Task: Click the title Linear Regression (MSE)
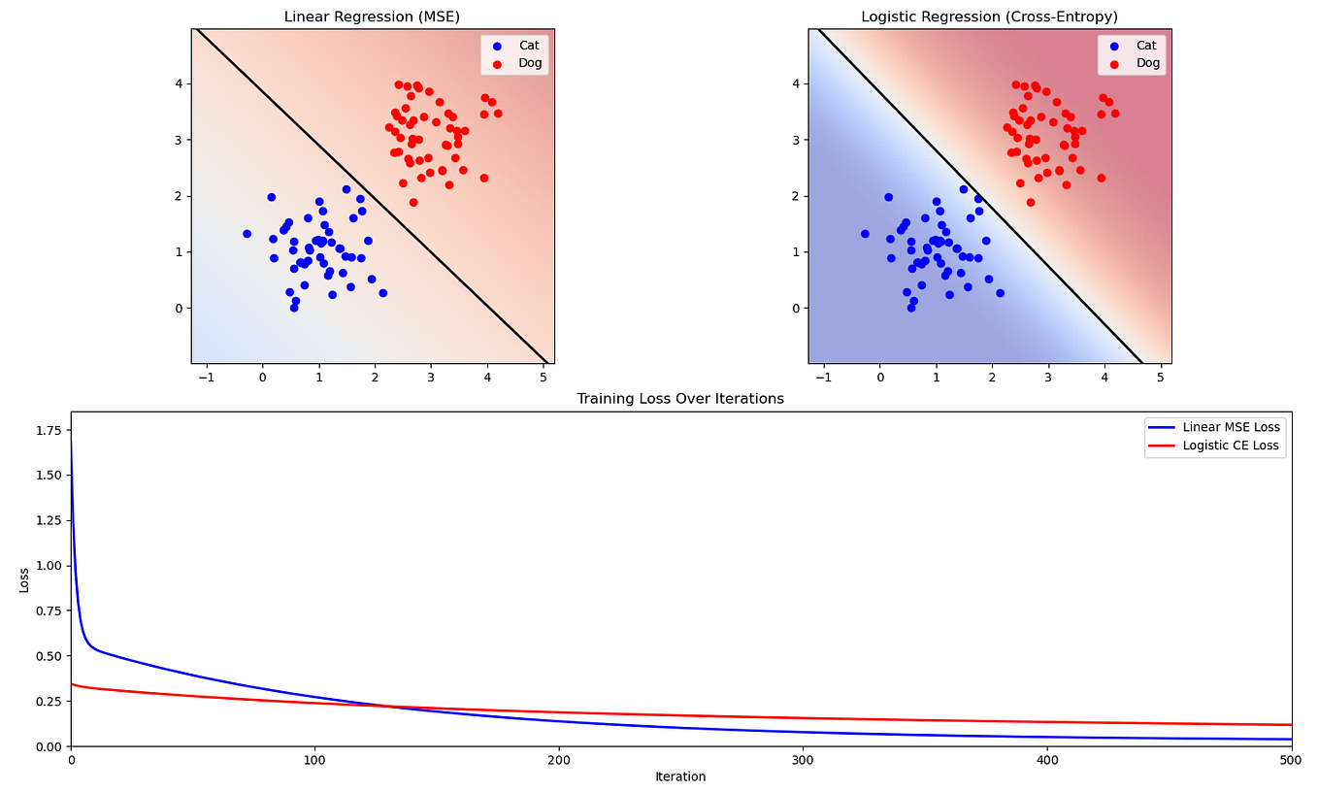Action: pyautogui.click(x=373, y=16)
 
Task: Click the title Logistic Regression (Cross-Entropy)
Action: pyautogui.click(x=990, y=16)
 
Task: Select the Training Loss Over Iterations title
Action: pyautogui.click(x=680, y=398)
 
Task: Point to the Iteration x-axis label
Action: pyautogui.click(x=680, y=776)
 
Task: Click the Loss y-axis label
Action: pyautogui.click(x=24, y=579)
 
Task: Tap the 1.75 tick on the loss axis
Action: pyautogui.click(x=47, y=430)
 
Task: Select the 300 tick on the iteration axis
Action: pyautogui.click(x=803, y=759)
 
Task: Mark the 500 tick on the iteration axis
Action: pyautogui.click(x=1291, y=759)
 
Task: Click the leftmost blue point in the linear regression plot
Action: pyautogui.click(x=247, y=234)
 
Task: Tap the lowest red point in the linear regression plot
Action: pyautogui.click(x=413, y=203)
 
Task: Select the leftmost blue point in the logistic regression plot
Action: pyautogui.click(x=865, y=234)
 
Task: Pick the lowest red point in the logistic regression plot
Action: pyautogui.click(x=1031, y=203)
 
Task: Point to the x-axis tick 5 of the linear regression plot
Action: pyautogui.click(x=544, y=375)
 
